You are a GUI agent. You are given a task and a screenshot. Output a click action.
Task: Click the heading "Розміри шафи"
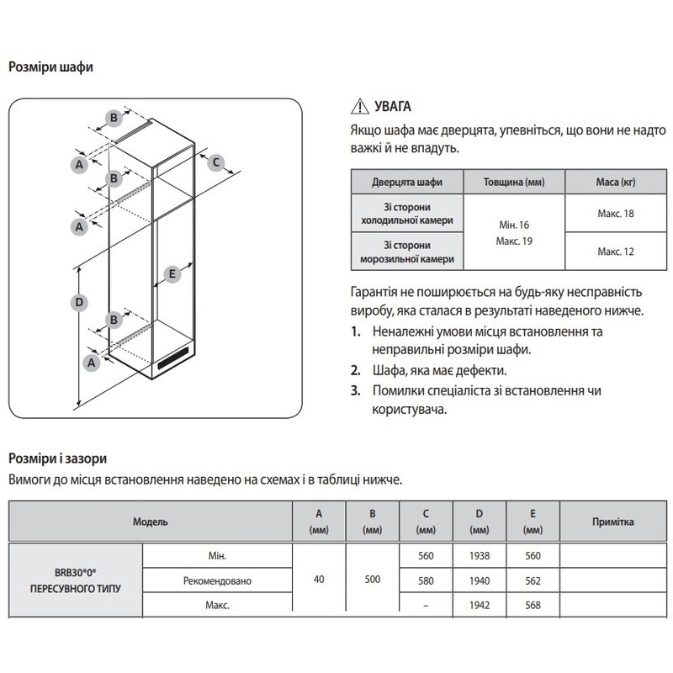coord(50,69)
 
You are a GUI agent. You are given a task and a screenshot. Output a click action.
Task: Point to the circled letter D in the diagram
coord(78,302)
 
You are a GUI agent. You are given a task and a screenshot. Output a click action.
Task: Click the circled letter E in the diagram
coord(172,273)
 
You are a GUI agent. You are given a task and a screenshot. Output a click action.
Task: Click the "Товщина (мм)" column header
coord(513,183)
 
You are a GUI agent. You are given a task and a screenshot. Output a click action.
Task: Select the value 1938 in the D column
coord(480,556)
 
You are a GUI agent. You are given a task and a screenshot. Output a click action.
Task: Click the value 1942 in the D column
coord(480,605)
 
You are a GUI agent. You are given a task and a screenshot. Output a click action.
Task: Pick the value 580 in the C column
coord(426,580)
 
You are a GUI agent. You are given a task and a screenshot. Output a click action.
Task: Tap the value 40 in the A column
coord(319,580)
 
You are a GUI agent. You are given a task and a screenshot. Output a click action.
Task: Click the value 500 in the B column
coord(372,580)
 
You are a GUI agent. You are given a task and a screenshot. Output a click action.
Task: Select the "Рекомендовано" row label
coord(217,580)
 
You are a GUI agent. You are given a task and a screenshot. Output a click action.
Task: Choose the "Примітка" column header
coord(612,522)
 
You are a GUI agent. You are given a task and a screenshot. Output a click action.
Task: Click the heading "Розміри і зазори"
coord(57,458)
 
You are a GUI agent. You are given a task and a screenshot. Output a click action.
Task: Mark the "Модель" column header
coord(151,522)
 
